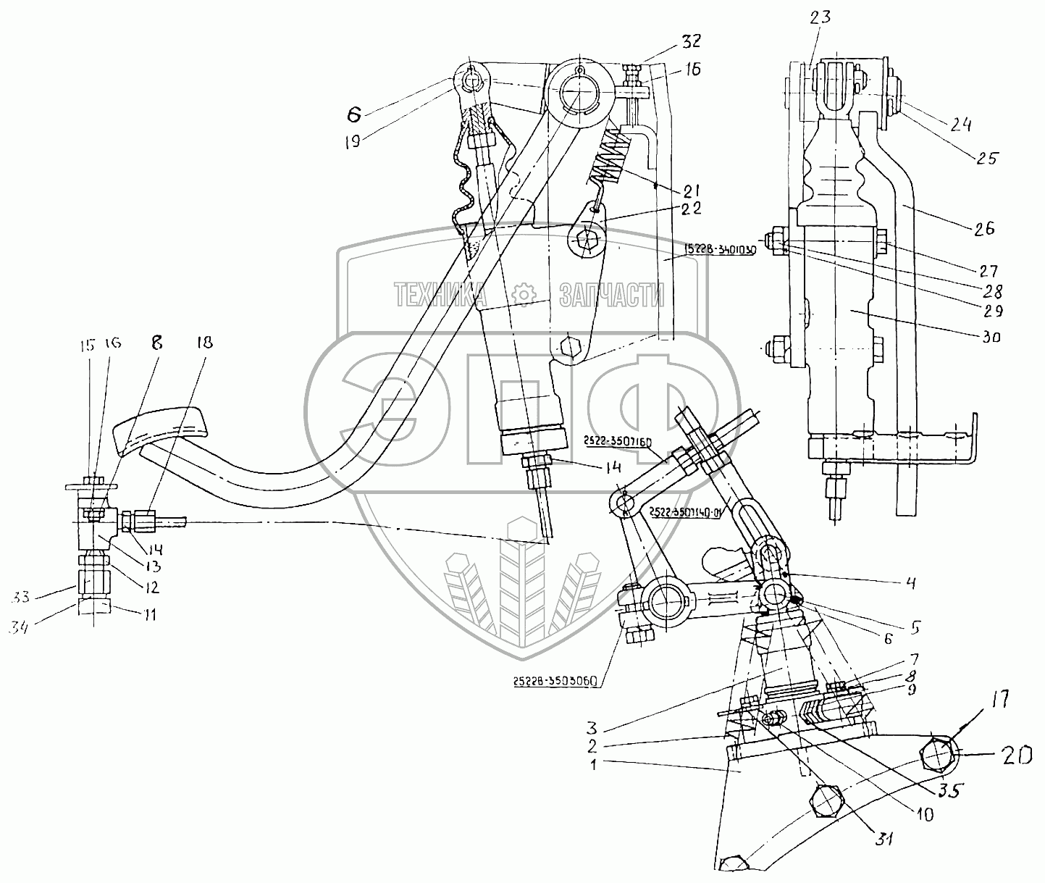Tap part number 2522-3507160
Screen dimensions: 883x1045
[x=615, y=440]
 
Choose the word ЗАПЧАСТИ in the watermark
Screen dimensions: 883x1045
[x=612, y=294]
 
